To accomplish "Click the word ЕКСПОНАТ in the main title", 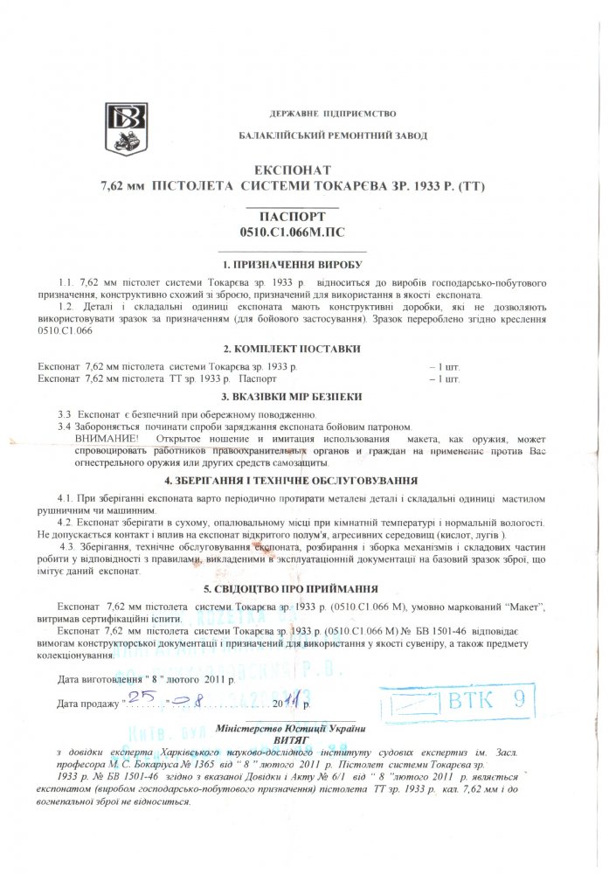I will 293,170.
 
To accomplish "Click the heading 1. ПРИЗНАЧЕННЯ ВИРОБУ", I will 292,265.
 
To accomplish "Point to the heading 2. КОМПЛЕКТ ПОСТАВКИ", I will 292,349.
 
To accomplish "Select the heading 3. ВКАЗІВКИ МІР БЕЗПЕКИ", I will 292,396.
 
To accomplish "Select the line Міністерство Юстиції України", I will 290,728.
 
